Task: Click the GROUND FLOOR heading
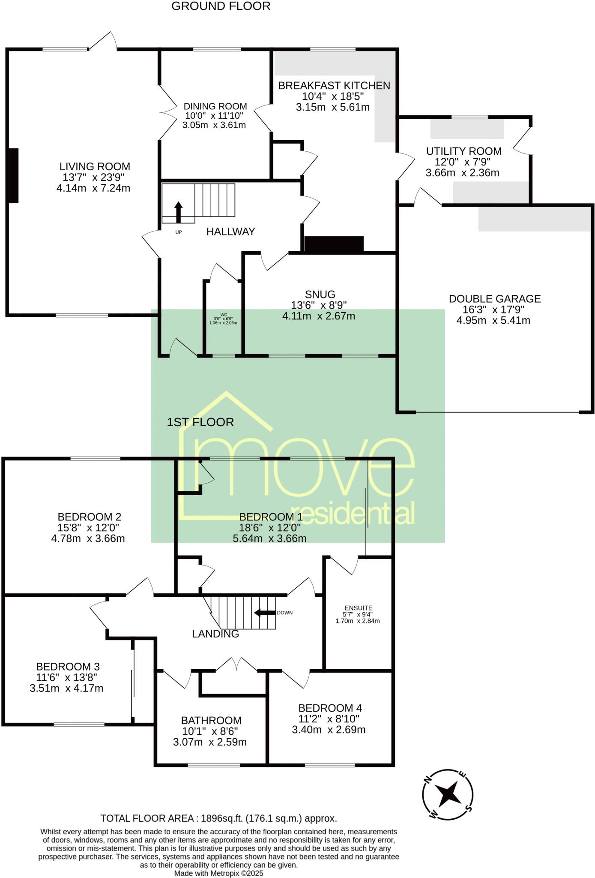click(x=221, y=6)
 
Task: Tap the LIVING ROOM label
click(x=95, y=166)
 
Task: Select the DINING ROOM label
click(x=215, y=106)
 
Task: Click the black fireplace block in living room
click(x=13, y=175)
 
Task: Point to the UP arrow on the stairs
click(x=178, y=212)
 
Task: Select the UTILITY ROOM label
click(x=463, y=151)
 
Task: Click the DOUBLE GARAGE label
click(x=494, y=299)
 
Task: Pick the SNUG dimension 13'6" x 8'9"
click(x=319, y=305)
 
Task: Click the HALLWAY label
click(x=230, y=232)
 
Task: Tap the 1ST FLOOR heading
click(x=200, y=422)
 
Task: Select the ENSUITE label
click(x=358, y=608)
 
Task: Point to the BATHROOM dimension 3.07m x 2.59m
click(x=209, y=742)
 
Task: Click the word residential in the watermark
click(x=358, y=514)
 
